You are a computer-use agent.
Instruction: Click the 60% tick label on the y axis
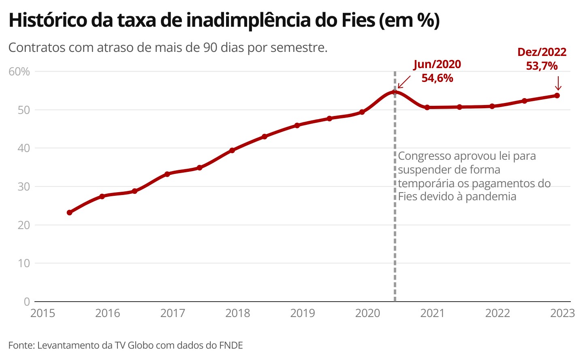(19, 72)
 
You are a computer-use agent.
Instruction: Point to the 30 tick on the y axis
(23, 186)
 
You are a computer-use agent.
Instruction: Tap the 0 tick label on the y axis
(27, 302)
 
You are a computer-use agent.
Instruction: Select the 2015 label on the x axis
(43, 313)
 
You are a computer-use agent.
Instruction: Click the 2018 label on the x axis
(237, 313)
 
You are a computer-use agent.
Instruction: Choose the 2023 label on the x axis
(562, 313)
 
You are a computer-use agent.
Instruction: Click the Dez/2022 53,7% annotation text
(542, 59)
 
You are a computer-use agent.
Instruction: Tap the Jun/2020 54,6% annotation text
(437, 71)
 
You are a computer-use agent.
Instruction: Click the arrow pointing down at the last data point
(558, 83)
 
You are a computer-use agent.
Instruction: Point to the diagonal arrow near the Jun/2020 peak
(404, 81)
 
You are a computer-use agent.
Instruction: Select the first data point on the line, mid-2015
(70, 212)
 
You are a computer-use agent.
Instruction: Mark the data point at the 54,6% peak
(395, 92)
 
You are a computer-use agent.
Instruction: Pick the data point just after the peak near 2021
(427, 107)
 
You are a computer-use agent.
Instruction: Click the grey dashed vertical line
(395, 243)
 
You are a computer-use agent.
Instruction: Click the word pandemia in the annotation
(491, 197)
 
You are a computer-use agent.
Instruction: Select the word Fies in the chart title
(358, 20)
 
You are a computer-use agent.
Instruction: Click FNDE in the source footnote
(231, 345)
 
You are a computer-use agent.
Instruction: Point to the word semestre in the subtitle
(298, 47)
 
